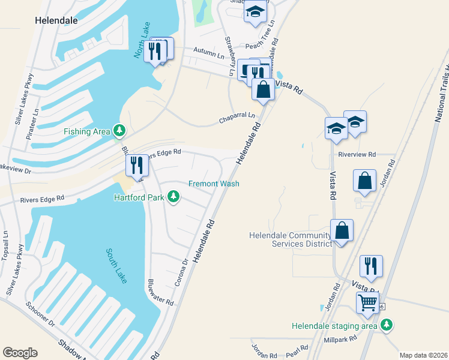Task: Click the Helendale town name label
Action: point(56,20)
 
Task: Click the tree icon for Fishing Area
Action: point(120,131)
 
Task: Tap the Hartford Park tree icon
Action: point(173,197)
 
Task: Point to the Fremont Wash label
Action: point(214,184)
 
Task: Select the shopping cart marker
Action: point(367,302)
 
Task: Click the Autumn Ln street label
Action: point(208,53)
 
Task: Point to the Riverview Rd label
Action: point(357,154)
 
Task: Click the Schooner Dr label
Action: point(40,314)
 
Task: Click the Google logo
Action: point(20,352)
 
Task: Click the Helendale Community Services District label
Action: point(291,239)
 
